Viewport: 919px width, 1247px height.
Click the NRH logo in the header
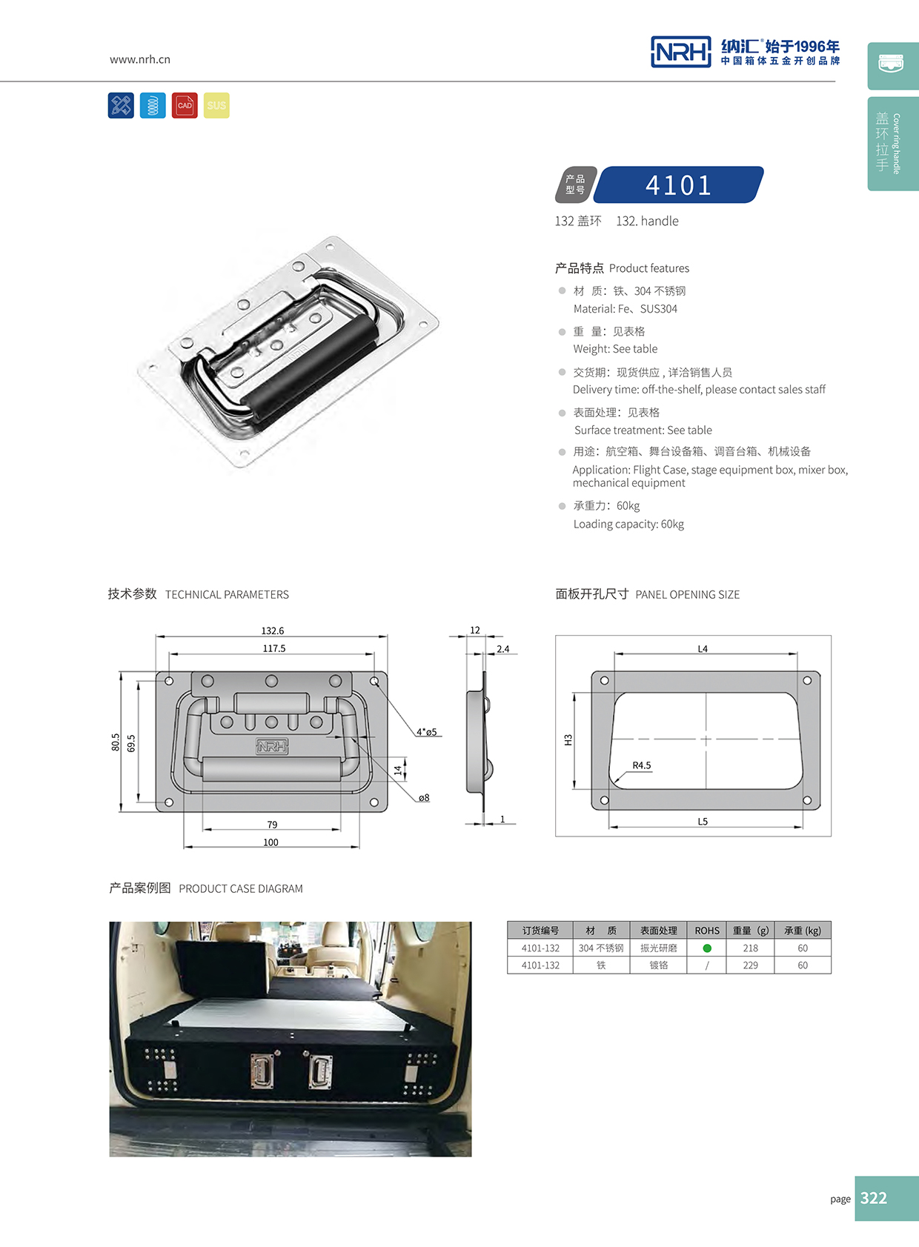(680, 52)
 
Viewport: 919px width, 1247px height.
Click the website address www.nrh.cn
(140, 59)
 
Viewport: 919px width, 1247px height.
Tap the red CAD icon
(185, 105)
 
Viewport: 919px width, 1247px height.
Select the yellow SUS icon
(216, 105)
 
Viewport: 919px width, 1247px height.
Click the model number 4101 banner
(678, 185)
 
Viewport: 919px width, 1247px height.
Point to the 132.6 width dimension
(272, 631)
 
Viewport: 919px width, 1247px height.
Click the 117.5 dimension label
(273, 648)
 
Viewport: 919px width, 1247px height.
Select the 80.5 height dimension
(116, 742)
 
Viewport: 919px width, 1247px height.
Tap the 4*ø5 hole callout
(427, 732)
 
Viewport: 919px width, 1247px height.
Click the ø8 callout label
(424, 798)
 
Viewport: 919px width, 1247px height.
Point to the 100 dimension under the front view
(271, 842)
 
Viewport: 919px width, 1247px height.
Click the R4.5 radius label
(642, 765)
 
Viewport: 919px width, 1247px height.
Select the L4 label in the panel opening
(703, 649)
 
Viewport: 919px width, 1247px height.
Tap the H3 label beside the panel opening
(568, 739)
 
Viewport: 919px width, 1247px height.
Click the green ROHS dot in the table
(707, 948)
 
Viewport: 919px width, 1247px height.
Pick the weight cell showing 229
(750, 965)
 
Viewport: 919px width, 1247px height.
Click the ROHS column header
(707, 931)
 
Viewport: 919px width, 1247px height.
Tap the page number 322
(874, 1198)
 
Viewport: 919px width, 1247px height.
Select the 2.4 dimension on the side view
(503, 649)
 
